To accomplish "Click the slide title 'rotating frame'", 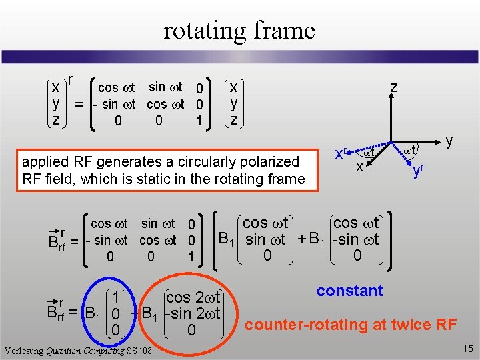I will coord(239,30).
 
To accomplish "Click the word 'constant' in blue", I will coord(349,291).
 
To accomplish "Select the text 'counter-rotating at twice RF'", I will coord(351,325).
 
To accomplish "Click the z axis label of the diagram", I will coord(394,87).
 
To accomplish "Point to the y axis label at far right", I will coord(449,141).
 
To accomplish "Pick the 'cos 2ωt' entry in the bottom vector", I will coord(193,296).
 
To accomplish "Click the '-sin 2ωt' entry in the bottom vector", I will coord(192,312).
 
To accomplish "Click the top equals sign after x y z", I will coord(79,105).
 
